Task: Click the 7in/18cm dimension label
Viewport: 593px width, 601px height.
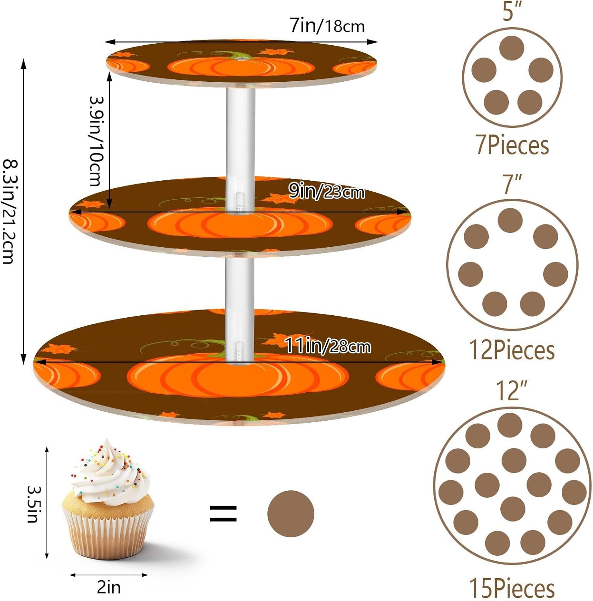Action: pos(327,26)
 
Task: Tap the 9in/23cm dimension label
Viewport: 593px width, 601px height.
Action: pos(326,192)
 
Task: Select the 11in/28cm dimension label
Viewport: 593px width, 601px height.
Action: pos(328,346)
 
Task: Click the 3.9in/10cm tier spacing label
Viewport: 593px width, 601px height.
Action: pos(96,141)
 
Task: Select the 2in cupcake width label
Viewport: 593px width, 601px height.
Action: pos(109,587)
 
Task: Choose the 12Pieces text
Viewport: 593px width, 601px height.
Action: pos(512,350)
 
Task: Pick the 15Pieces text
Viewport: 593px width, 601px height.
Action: pos(512,588)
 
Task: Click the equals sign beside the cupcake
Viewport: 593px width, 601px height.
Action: pos(223,514)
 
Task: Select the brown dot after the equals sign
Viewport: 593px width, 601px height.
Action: pos(291,514)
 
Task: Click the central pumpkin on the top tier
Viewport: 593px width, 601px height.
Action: pos(241,67)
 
